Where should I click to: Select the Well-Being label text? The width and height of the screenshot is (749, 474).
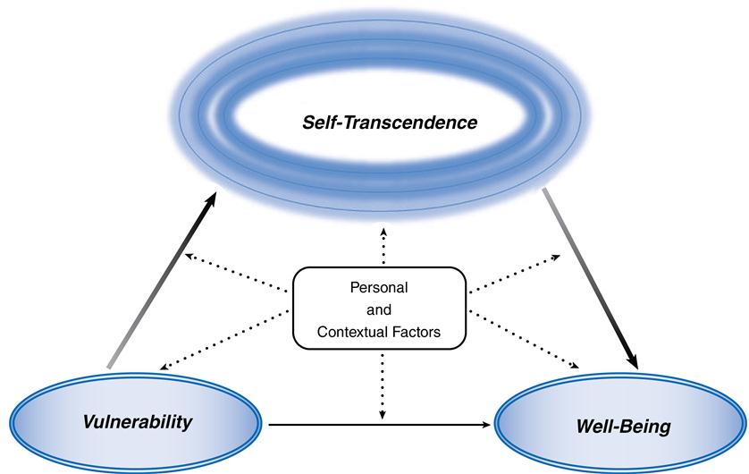tap(623, 427)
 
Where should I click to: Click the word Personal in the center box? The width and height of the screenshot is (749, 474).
tap(379, 290)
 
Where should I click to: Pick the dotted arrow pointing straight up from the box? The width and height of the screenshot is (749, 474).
tap(383, 245)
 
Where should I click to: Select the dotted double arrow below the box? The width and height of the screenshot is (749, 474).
tap(383, 385)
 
